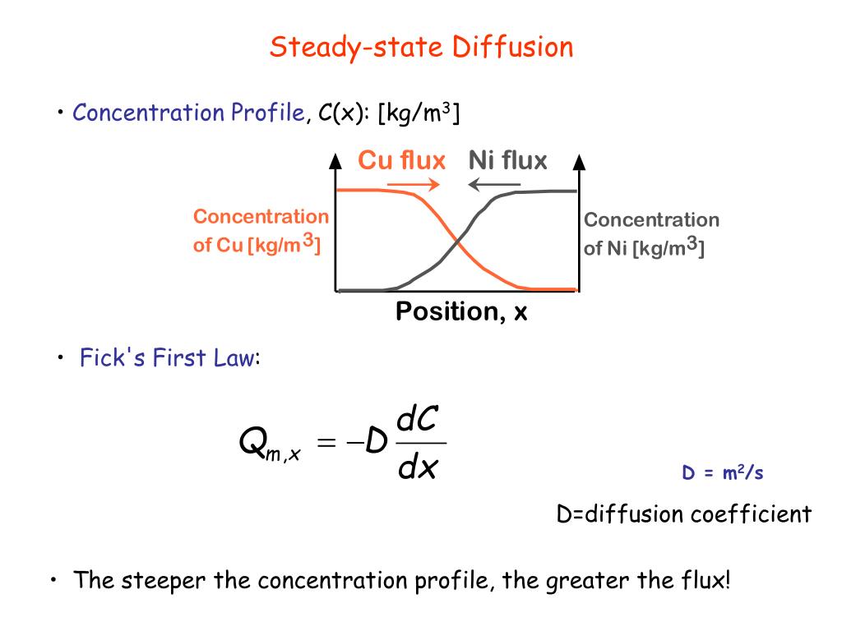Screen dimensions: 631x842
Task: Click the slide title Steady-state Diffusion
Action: pos(421,47)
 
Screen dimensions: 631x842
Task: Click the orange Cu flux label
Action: pos(401,160)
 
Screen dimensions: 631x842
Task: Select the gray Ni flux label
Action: pos(507,160)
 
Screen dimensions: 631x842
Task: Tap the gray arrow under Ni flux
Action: pos(494,184)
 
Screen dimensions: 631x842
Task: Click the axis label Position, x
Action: pos(461,312)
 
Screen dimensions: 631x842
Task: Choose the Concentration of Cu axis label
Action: pos(260,231)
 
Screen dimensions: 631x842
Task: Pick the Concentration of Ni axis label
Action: pos(650,234)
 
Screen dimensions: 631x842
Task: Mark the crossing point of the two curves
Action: pos(456,240)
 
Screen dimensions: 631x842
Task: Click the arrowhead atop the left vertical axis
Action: pos(335,161)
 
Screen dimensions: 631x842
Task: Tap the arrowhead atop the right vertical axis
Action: pos(579,161)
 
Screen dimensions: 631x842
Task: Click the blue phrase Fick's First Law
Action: pos(168,359)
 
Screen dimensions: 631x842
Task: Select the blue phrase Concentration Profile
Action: pos(188,113)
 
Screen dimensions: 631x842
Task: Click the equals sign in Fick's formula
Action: pos(326,444)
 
